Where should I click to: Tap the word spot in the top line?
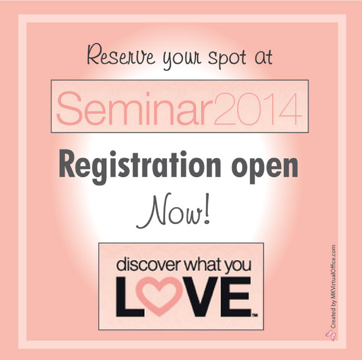[x=227, y=58]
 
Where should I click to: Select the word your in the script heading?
[x=182, y=60]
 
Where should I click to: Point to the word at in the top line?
[x=264, y=57]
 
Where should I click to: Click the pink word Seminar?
[x=135, y=108]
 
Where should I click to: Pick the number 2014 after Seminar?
[x=258, y=109]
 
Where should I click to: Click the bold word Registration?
[x=140, y=167]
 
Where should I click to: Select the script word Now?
[x=169, y=211]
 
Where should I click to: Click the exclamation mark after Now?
[x=207, y=209]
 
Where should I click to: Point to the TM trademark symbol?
[x=255, y=315]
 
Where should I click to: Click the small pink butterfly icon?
[x=330, y=335]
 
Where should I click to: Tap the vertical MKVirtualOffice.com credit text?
[x=332, y=287]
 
